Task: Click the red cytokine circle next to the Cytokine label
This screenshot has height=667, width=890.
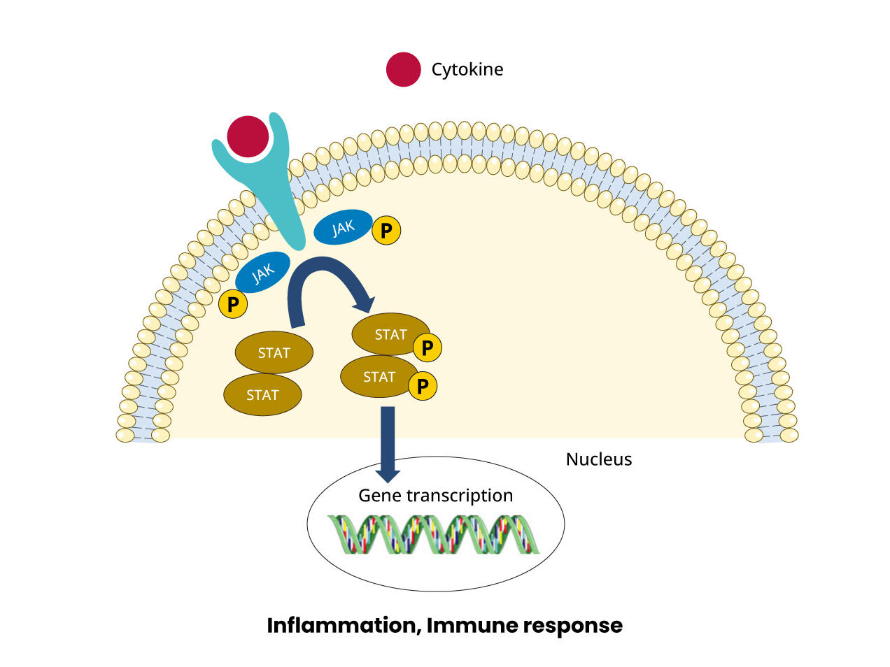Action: (403, 69)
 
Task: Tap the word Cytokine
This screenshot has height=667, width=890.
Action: (467, 69)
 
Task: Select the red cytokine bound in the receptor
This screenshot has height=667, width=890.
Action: (248, 136)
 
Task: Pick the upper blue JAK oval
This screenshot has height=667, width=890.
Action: (342, 227)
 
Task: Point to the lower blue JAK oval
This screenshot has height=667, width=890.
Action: (262, 273)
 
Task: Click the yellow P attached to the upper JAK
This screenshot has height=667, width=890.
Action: (386, 230)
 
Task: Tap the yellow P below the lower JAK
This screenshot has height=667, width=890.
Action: (233, 304)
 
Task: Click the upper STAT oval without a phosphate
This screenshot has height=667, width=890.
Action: (274, 353)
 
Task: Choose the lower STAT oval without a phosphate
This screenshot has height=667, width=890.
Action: (262, 395)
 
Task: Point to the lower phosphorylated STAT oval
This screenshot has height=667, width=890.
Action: (378, 377)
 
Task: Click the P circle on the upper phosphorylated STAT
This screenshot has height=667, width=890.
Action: (427, 347)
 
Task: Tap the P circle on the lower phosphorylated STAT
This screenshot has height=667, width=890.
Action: (423, 386)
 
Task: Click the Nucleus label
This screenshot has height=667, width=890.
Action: (598, 459)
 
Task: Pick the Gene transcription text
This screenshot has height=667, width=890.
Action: (435, 496)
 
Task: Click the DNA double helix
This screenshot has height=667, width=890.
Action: (434, 535)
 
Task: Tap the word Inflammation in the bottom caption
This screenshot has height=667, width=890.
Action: (343, 625)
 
